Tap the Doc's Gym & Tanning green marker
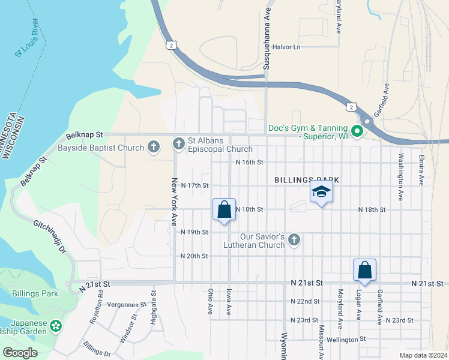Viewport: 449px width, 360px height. (357, 131)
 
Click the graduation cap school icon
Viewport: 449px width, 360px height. (321, 191)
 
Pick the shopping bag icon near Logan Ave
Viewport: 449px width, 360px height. (365, 271)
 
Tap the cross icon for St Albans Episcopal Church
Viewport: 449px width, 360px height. (178, 144)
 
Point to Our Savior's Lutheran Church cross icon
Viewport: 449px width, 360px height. (294, 240)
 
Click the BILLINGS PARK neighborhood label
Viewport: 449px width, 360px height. (307, 179)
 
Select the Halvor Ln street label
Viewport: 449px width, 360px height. (286, 47)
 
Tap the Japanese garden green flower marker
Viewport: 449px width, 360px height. (56, 326)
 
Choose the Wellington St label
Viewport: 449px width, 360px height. (345, 339)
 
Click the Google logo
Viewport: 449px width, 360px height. (20, 353)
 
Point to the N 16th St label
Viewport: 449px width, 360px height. (249, 162)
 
